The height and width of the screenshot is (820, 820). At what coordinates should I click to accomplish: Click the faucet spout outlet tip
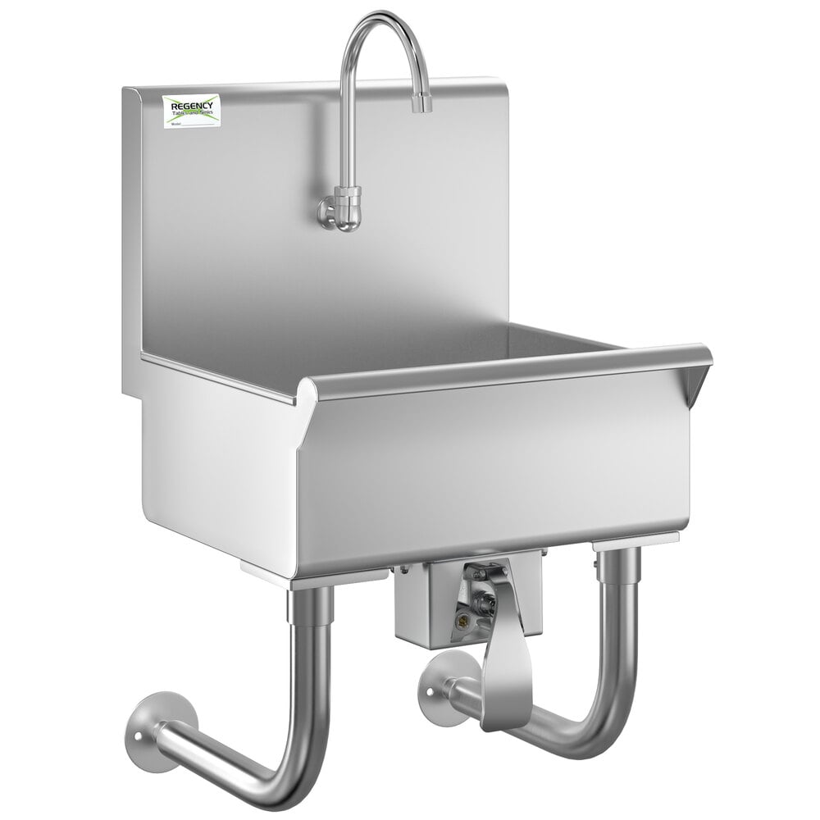pyautogui.click(x=421, y=104)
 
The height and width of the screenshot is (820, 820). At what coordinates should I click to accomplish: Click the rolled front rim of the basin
pyautogui.click(x=508, y=369)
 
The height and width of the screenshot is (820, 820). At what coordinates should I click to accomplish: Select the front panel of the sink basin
pyautogui.click(x=492, y=476)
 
